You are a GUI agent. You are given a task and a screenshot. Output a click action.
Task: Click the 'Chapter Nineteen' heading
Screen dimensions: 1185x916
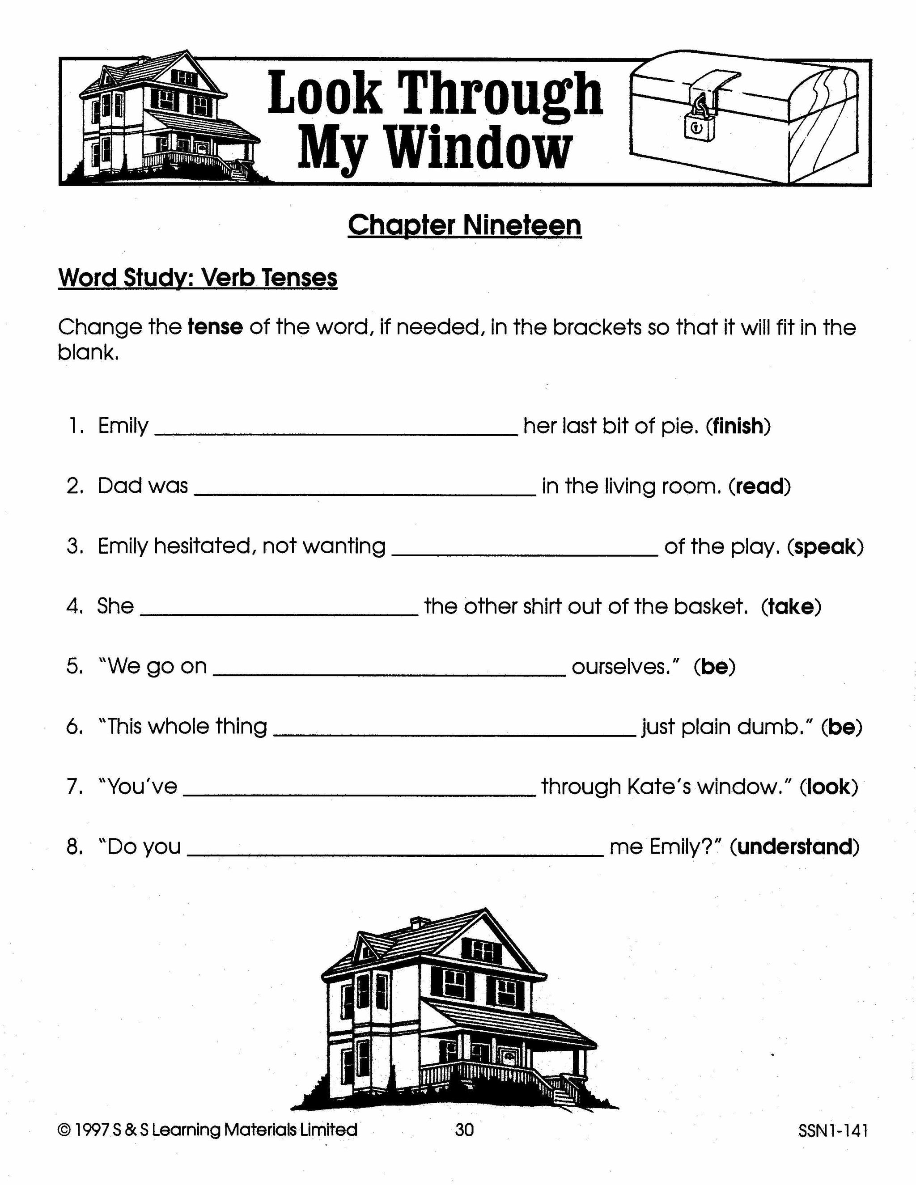(465, 225)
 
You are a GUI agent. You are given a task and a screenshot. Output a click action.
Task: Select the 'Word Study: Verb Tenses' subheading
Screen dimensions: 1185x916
(198, 278)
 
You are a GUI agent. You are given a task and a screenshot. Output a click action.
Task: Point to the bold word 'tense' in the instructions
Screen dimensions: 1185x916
(215, 327)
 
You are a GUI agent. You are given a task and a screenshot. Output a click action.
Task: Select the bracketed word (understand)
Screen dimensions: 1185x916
(794, 847)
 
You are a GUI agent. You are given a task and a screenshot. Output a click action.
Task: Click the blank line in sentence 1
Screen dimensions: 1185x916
(336, 433)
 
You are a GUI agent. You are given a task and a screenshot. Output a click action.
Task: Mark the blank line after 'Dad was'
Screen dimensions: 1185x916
(365, 493)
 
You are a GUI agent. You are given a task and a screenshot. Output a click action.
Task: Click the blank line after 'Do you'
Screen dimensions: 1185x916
(395, 855)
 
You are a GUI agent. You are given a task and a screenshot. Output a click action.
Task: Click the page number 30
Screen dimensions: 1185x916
(465, 1130)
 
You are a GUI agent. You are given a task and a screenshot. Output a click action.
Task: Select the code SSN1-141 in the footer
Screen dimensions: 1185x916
(833, 1131)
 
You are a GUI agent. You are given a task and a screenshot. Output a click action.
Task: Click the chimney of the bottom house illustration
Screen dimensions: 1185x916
(418, 923)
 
